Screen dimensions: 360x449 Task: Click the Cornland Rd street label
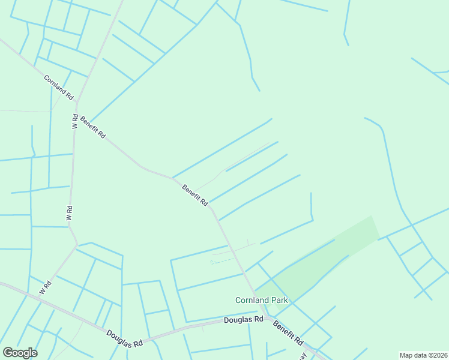pos(58,87)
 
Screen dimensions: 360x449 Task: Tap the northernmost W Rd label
pos(75,121)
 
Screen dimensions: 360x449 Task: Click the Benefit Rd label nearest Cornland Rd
pos(92,127)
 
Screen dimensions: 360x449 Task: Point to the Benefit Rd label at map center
pos(195,195)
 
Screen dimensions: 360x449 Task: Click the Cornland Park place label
pos(261,300)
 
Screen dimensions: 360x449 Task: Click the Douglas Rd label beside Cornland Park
pos(244,320)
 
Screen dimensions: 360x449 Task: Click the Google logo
pos(20,352)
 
